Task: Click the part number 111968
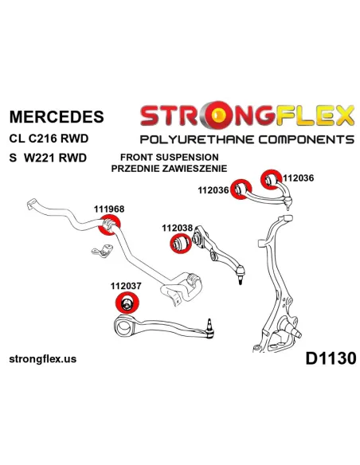(x=109, y=209)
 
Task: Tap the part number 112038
(x=177, y=228)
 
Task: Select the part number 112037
(x=126, y=286)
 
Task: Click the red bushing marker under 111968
(x=110, y=225)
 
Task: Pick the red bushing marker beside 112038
(x=181, y=243)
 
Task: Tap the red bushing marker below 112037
(x=127, y=303)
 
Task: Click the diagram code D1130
(x=331, y=358)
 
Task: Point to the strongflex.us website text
(x=43, y=359)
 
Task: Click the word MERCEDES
(x=57, y=116)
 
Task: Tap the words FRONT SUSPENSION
(x=170, y=157)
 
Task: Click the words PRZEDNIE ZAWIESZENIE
(x=169, y=169)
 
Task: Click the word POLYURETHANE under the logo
(x=197, y=139)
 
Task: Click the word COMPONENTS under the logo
(x=307, y=139)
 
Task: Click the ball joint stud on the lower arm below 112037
(x=209, y=323)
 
